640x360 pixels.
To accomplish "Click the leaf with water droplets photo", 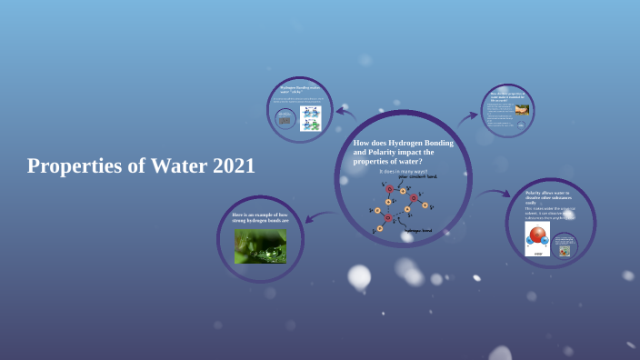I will [260, 245].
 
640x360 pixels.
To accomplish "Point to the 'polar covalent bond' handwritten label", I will [418, 176].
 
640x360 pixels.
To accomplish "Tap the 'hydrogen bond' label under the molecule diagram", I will [417, 231].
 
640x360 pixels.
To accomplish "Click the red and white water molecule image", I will [537, 240].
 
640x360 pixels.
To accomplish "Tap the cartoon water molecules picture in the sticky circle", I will [311, 118].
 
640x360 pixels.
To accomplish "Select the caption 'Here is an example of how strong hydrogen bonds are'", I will [260, 217].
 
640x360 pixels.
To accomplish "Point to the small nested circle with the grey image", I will [285, 119].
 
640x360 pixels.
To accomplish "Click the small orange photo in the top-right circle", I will [521, 110].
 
